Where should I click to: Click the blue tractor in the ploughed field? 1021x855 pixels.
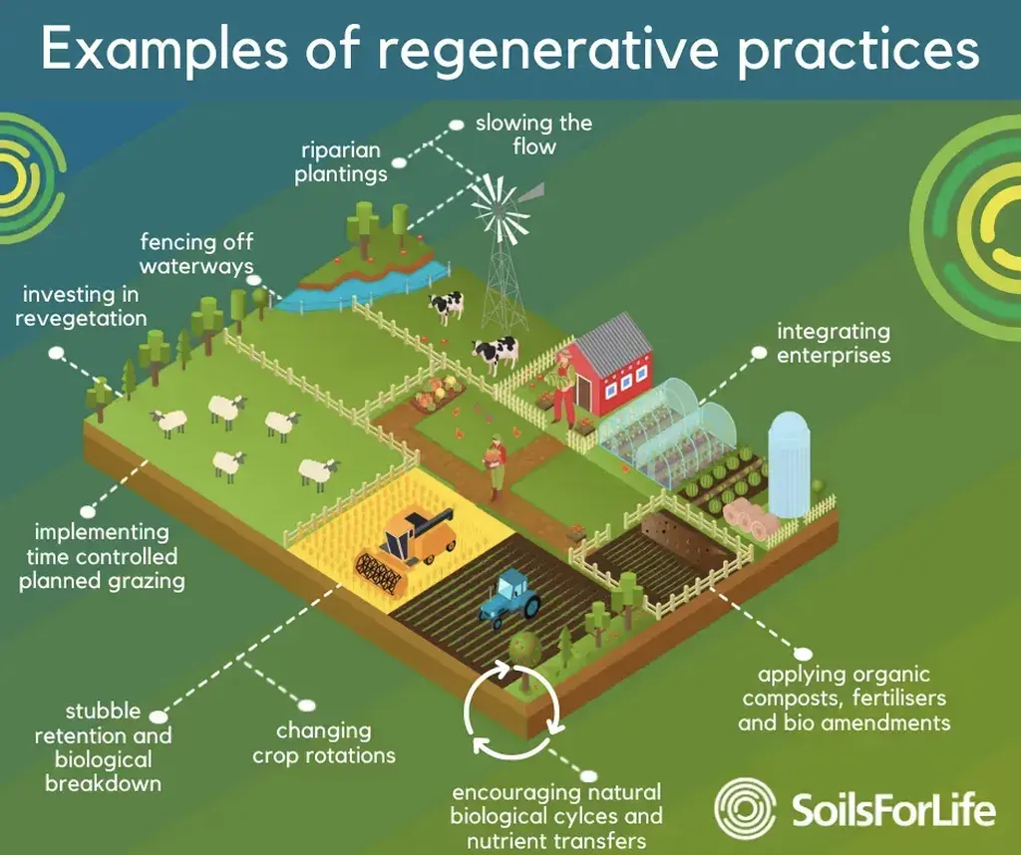point(510,597)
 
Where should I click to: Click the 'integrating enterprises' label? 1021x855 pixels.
point(834,343)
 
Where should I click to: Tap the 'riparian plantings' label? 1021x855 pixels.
point(341,162)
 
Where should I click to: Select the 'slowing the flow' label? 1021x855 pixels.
point(534,135)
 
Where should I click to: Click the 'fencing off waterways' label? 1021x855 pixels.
point(196,254)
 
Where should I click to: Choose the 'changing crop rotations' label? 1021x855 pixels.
point(324,743)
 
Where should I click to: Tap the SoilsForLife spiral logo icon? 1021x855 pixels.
point(744,807)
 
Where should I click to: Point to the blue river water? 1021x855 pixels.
point(365,283)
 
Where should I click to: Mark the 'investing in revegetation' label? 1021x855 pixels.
point(81,306)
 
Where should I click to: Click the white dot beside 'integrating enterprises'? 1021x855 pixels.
point(759,352)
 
